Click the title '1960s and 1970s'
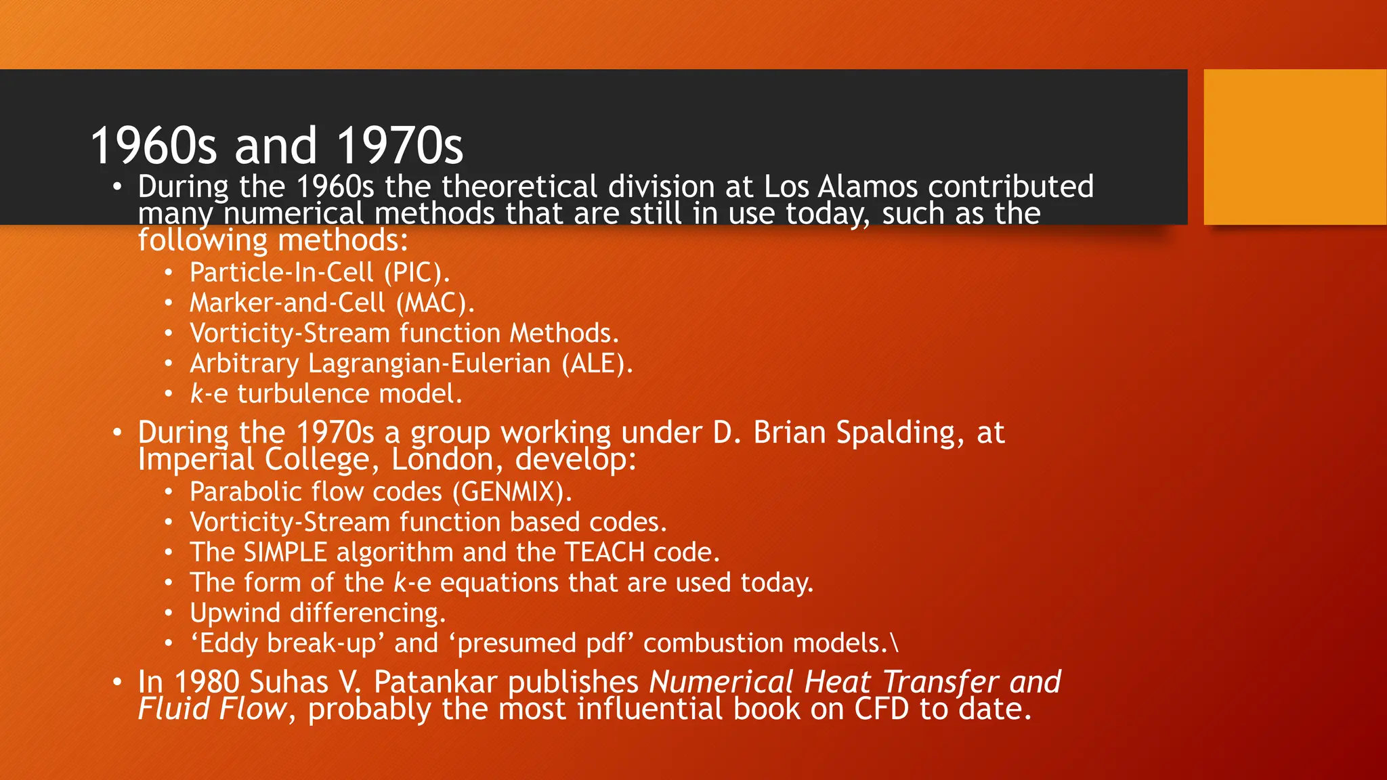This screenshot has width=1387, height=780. point(276,146)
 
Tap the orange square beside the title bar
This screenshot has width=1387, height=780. point(1294,147)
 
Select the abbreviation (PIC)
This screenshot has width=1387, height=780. point(417,272)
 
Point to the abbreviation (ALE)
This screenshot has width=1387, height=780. point(597,364)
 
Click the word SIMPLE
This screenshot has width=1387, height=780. point(285,552)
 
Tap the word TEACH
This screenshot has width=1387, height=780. point(605,552)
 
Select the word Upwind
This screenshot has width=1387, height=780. point(235,613)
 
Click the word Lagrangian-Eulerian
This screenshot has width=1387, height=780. point(429,364)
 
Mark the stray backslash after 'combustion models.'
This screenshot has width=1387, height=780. point(895,643)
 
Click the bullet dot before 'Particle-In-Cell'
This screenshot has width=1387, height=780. point(169,273)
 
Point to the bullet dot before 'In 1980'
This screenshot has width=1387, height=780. point(117,682)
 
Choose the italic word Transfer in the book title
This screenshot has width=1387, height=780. point(940,682)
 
